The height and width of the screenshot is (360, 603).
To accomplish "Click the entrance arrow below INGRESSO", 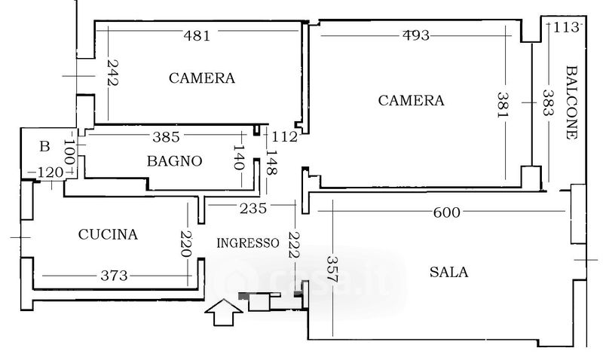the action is coord(223,312).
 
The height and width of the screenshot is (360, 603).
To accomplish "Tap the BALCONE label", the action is coord(571,102).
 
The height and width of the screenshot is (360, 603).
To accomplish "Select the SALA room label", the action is coord(448,272).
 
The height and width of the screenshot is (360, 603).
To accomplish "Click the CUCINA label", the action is coord(108,234).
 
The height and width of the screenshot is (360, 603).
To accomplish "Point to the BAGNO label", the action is coord(175,161).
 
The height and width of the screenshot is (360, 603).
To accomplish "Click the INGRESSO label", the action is coord(248,243).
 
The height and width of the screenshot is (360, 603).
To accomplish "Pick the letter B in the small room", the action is coord(45,146).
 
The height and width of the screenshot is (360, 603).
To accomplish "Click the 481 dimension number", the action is coord(197,36).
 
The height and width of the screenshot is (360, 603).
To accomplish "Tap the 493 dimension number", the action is coord(416,35).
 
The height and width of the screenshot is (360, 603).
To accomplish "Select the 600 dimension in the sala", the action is coord(446,212).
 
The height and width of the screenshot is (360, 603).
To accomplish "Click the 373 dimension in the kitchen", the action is coord(114,276).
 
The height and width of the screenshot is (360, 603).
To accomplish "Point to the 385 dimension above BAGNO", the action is coord(166,137).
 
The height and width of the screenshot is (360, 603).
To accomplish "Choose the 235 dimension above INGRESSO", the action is coord(253,209).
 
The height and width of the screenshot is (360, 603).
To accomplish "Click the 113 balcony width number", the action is coord(566,27).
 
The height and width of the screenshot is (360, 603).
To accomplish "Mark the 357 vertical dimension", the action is coord(332,270).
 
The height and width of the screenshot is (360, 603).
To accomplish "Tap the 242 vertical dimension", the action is coord(112,72).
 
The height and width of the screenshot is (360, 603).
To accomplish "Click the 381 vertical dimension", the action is coord(503,105).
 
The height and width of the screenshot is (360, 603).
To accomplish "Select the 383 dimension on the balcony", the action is coord(548,102).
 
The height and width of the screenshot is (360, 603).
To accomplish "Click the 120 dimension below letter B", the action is coord(51,173).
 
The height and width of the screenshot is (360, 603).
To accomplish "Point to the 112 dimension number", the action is coord(285,137).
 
